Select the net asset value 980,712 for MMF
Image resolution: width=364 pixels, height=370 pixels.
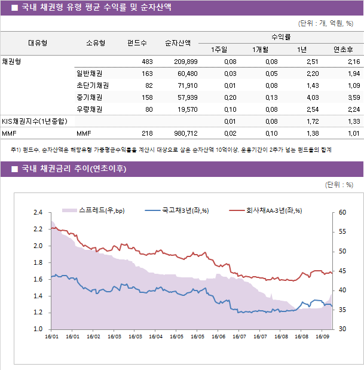[x=181, y=133]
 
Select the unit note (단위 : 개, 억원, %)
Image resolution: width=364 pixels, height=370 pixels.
[x=325, y=23]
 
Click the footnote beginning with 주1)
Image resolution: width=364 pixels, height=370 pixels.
[x=170, y=149]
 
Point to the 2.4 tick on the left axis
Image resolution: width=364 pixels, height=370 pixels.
[x=38, y=212]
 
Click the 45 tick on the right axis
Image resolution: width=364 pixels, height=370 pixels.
[x=342, y=271]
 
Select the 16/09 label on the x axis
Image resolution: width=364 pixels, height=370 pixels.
[x=322, y=337]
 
